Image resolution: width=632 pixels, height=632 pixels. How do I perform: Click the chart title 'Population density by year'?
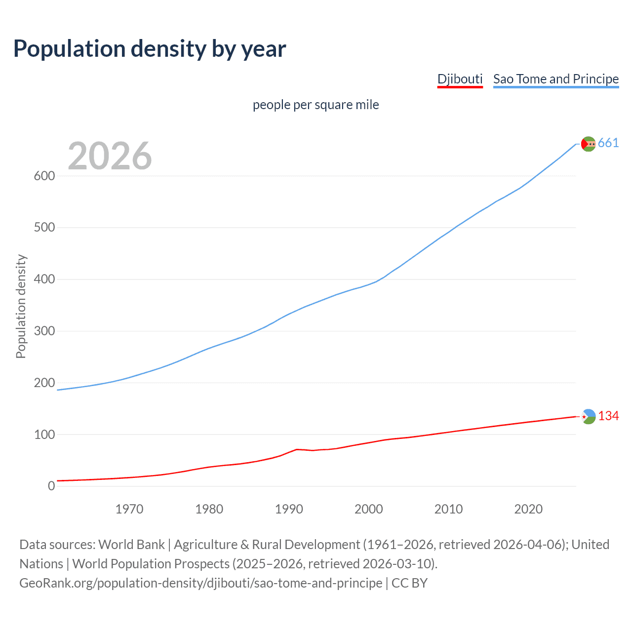pos(150,49)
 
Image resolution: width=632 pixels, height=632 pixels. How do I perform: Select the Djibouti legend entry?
pos(460,79)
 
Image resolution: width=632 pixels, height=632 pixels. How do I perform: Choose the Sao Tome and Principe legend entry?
pos(555,79)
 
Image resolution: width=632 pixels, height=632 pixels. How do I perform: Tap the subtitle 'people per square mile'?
pos(316,105)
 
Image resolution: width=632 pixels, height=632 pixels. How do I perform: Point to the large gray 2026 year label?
pos(110,156)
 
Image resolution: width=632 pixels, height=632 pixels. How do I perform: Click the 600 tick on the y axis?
pos(44,176)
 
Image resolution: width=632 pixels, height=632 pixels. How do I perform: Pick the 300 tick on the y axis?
pos(44,331)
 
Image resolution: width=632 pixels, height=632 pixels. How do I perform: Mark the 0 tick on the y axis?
pos(51,486)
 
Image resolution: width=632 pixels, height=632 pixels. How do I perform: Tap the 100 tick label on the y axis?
pos(44,434)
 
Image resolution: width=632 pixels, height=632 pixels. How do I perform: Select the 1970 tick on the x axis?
pos(129,509)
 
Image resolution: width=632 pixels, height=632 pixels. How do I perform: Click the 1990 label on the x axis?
pos(289,509)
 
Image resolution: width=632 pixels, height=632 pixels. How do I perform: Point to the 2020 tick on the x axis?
pos(528,509)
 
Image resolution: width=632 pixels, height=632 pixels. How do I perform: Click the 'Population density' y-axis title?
pos(21,306)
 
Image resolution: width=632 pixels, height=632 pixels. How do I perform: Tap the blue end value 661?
pos(608,143)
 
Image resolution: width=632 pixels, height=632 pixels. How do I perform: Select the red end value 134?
pos(608,416)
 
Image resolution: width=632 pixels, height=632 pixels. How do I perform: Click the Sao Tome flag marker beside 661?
pos(588,144)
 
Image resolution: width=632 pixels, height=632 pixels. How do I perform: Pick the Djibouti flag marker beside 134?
pos(589,417)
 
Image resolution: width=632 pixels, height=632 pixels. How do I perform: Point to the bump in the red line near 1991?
pos(296,449)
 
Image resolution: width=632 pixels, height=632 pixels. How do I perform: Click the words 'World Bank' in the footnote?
pos(131,545)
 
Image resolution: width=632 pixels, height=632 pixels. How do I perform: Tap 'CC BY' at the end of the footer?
pos(409,583)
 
